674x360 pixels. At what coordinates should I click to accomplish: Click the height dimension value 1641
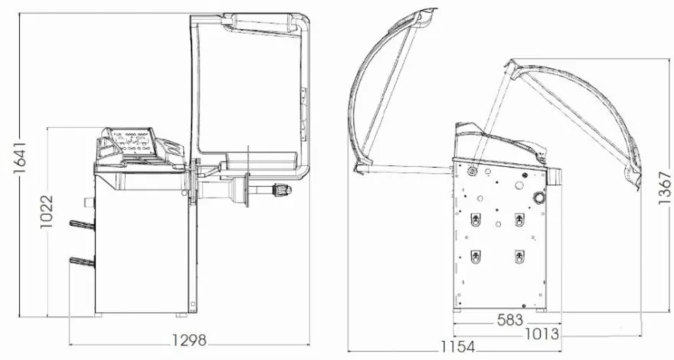pyautogui.click(x=21, y=158)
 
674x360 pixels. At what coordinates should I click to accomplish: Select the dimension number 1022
pyautogui.click(x=47, y=212)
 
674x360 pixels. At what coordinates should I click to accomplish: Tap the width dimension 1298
pyautogui.click(x=190, y=341)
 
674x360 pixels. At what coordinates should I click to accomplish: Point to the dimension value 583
pyautogui.click(x=510, y=320)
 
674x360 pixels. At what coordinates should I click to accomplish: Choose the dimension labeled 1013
pyautogui.click(x=542, y=334)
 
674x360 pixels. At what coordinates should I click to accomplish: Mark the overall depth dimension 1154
pyautogui.click(x=458, y=347)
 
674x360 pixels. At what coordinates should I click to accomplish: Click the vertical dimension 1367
pyautogui.click(x=665, y=188)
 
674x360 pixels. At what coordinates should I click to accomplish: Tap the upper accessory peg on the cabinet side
pyautogui.click(x=82, y=224)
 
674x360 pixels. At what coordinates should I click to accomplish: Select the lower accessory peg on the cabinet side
pyautogui.click(x=82, y=260)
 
